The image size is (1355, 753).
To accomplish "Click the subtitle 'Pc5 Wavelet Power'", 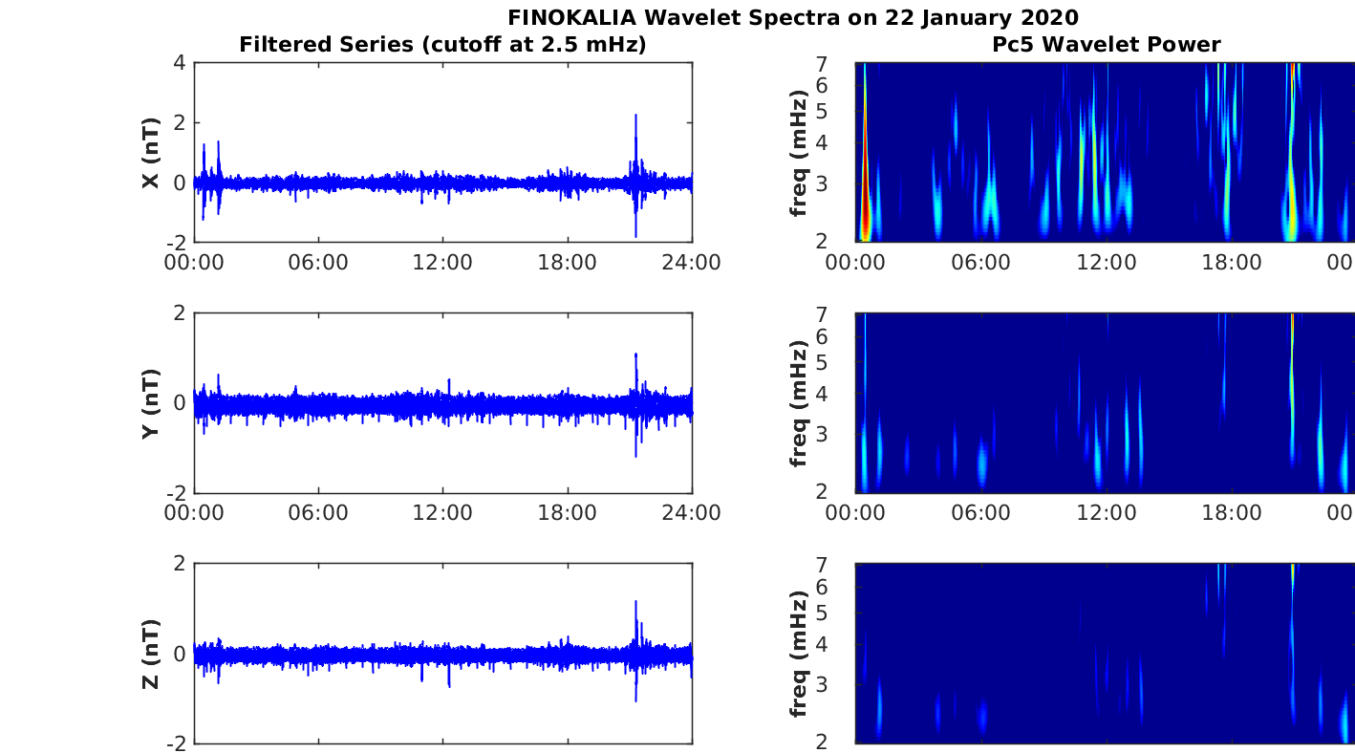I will pos(1106,44).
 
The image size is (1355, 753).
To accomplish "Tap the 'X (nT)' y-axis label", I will pos(150,153).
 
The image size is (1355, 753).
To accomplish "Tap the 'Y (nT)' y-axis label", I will pos(150,403).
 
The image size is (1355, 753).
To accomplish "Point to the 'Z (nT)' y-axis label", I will pos(150,654).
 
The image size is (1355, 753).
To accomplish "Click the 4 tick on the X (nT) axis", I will pos(179,63).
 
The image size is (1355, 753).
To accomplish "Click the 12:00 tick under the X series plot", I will pos(442,263).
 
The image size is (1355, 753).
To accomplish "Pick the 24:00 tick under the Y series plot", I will pos(691,513).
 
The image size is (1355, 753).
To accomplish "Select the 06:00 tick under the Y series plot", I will pos(318,513).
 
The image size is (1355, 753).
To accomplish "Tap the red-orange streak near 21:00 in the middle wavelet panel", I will pos(1292,330).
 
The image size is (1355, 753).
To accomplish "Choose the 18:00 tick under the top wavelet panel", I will pos(1231,263).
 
